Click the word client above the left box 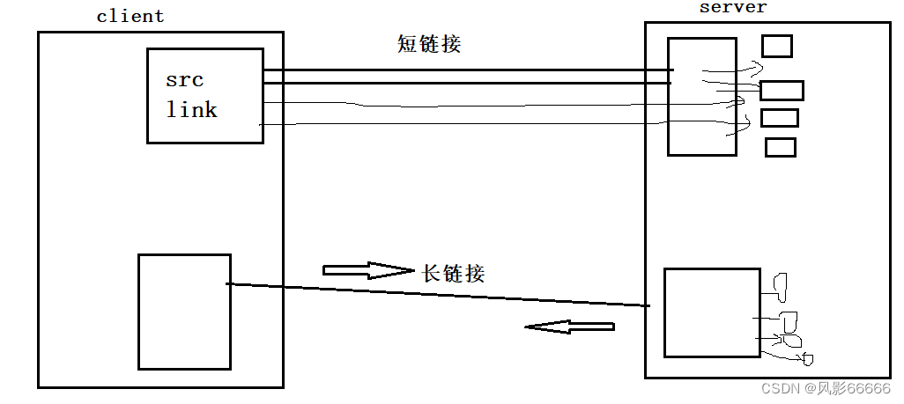(x=130, y=16)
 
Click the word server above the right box (x=733, y=7)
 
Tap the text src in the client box (x=184, y=80)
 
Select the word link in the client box (x=191, y=110)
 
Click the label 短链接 (x=429, y=44)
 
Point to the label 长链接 (x=454, y=273)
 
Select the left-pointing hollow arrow (x=569, y=327)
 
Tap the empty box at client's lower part (x=184, y=312)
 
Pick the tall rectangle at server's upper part (x=701, y=97)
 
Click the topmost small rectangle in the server (x=776, y=46)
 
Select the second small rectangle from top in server (x=782, y=90)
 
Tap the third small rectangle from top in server (x=779, y=117)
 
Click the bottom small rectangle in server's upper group (x=780, y=147)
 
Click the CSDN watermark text (x=778, y=388)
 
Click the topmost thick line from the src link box (x=467, y=70)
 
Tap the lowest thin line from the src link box (x=467, y=125)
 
